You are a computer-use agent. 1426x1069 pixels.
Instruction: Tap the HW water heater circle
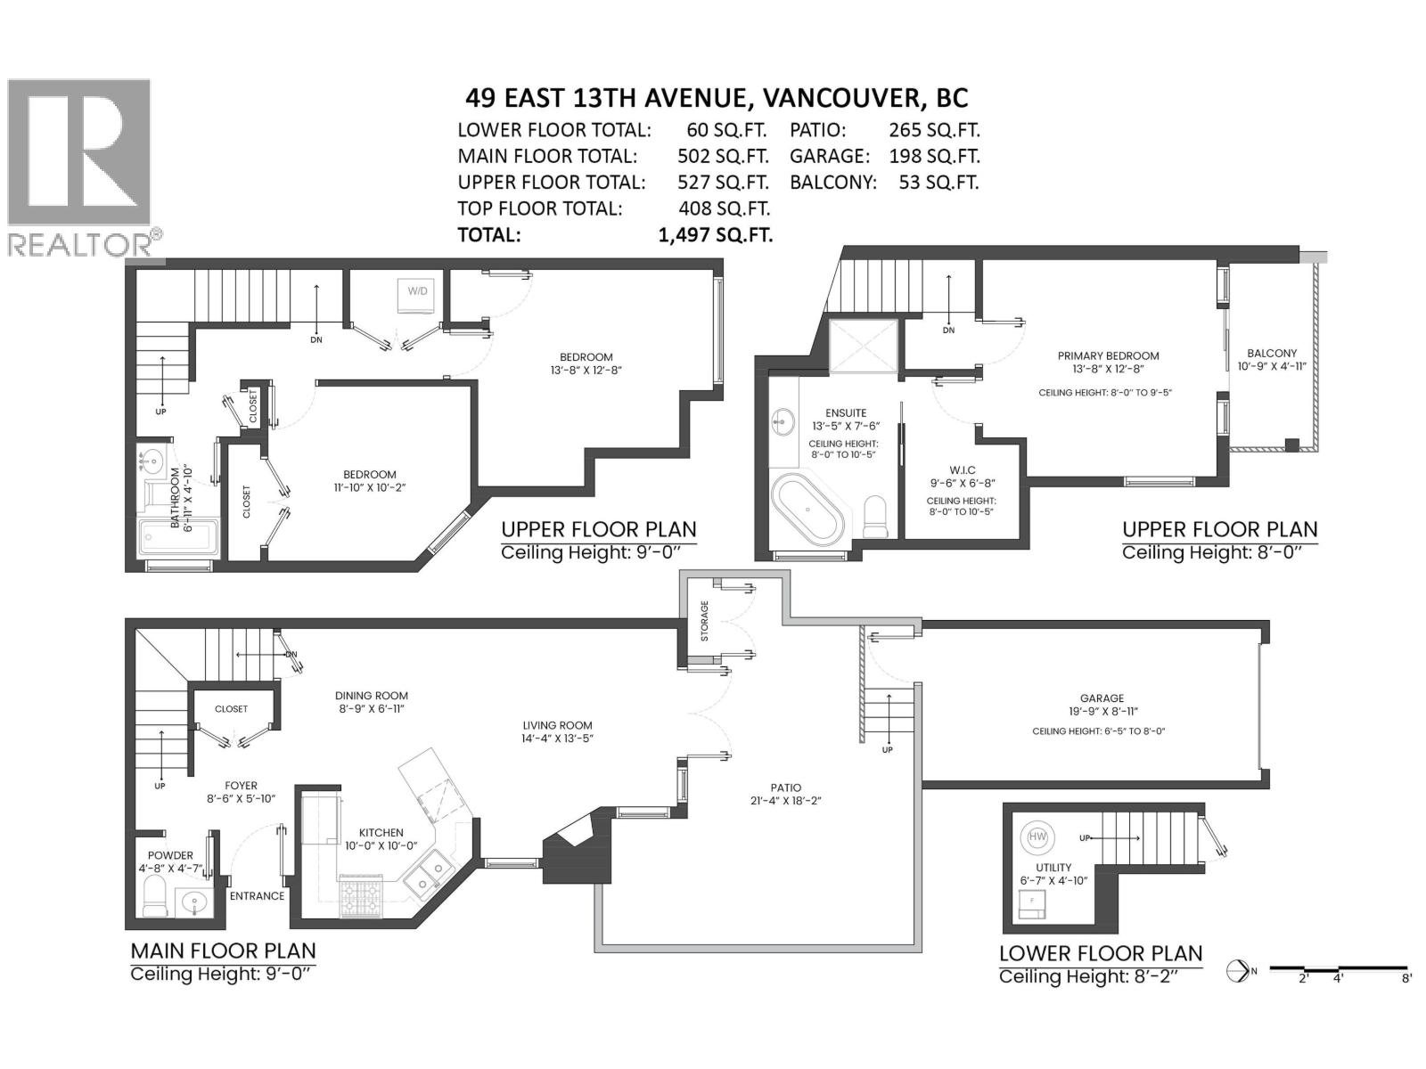(x=1037, y=836)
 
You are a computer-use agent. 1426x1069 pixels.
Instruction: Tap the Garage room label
(x=1102, y=698)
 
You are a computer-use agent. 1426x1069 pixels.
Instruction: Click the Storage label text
(x=705, y=621)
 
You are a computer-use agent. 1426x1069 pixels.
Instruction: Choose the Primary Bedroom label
(x=1109, y=355)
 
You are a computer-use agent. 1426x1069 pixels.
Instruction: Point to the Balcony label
(x=1272, y=353)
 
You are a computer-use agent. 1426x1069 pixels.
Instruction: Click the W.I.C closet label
(x=963, y=470)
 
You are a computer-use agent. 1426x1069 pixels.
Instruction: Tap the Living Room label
(x=557, y=725)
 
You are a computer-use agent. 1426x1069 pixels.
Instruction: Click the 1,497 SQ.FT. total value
(x=716, y=235)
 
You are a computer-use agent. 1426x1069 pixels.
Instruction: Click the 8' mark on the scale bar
(x=1406, y=977)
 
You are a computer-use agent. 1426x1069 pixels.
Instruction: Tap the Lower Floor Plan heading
(x=1101, y=953)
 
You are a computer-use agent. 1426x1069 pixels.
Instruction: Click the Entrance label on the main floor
(x=258, y=895)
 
